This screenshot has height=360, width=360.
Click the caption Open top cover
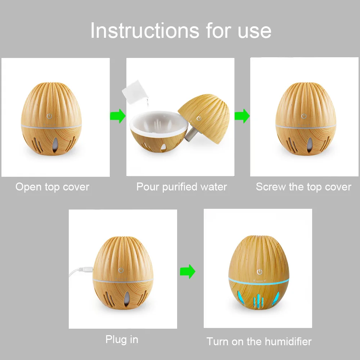click(52, 187)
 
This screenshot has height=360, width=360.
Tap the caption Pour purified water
click(181, 187)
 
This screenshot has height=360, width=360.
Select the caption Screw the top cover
click(303, 187)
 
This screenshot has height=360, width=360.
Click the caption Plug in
click(122, 339)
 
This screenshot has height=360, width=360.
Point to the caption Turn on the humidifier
click(259, 341)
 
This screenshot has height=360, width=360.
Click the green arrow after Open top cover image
click(118, 116)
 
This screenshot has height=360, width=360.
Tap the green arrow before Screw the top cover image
click(242, 116)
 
